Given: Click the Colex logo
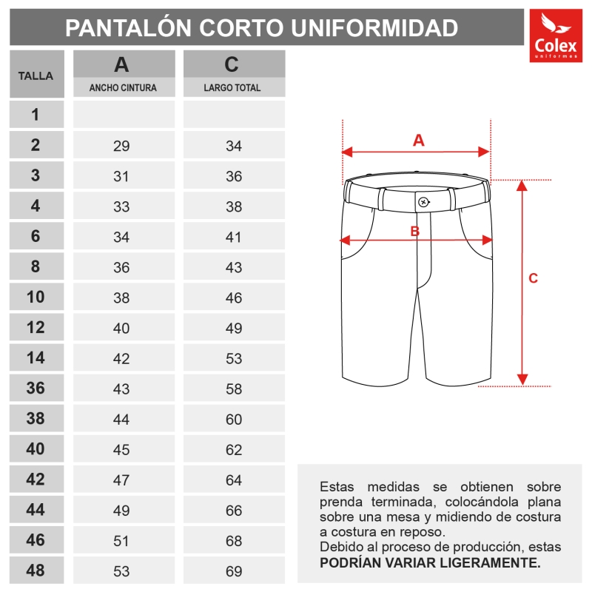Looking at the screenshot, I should [x=556, y=36].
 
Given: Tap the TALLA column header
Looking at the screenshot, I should [x=36, y=75].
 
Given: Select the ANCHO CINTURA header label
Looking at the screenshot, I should [x=123, y=87].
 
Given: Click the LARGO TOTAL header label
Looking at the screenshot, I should [x=232, y=87].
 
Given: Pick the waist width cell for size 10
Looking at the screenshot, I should [x=121, y=298].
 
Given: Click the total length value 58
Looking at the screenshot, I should [x=234, y=389].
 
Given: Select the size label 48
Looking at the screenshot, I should [x=36, y=571].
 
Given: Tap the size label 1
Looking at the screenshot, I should [x=36, y=115].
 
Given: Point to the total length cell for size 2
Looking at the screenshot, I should [x=234, y=147].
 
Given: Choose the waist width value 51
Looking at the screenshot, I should [x=121, y=541].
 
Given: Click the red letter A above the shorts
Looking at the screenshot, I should [x=418, y=140].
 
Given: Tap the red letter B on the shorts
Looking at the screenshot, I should [x=415, y=231].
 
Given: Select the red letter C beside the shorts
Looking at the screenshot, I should [x=533, y=278].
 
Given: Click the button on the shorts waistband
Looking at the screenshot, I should [x=423, y=202].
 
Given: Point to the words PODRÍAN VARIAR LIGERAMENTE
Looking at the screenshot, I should [x=430, y=562].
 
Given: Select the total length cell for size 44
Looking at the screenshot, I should [x=234, y=511].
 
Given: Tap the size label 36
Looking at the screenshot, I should [x=36, y=388].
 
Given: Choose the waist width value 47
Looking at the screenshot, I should [x=121, y=480].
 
